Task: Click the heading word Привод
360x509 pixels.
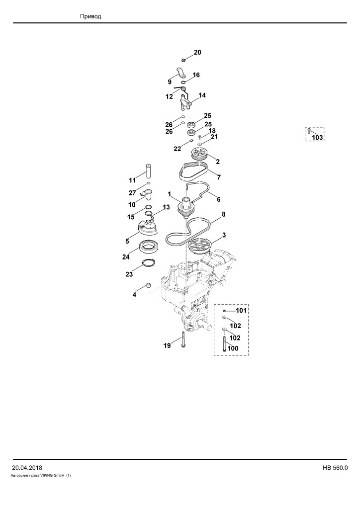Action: (90, 16)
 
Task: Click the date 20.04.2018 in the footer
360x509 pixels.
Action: (27, 468)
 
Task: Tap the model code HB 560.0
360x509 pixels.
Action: (335, 468)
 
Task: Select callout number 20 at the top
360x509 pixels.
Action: (197, 52)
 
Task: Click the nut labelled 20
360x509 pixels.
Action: (183, 60)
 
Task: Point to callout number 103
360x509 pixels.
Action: (317, 137)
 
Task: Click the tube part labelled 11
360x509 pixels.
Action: (149, 171)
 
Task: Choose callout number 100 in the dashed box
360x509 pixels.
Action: (233, 348)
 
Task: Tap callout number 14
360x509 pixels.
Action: (202, 95)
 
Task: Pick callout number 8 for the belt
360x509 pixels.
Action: (223, 214)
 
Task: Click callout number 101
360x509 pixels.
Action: (241, 310)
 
